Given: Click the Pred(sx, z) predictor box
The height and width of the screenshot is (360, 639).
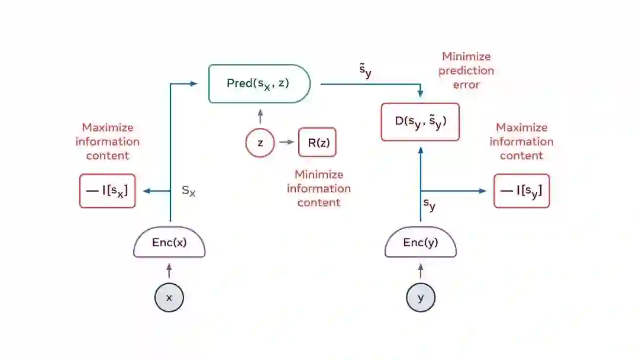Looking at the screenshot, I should pyautogui.click(x=259, y=83).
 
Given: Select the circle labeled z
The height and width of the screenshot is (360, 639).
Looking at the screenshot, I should pyautogui.click(x=260, y=143).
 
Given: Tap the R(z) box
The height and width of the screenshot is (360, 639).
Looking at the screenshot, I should pyautogui.click(x=317, y=142).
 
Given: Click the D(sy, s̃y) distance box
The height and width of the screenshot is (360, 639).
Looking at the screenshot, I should pyautogui.click(x=420, y=122).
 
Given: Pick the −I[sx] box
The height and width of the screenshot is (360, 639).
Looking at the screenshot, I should pyautogui.click(x=108, y=191).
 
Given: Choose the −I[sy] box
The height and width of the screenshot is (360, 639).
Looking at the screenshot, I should pyautogui.click(x=522, y=191).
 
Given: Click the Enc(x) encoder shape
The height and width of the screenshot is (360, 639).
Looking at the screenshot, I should pyautogui.click(x=169, y=243).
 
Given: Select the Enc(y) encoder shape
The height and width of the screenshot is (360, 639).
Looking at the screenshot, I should pyautogui.click(x=421, y=243).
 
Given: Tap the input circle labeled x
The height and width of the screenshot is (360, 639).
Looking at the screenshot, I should pyautogui.click(x=169, y=298).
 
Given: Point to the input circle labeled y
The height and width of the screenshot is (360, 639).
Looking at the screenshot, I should pyautogui.click(x=421, y=298).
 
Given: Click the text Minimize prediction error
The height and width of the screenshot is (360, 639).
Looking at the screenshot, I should pyautogui.click(x=466, y=70).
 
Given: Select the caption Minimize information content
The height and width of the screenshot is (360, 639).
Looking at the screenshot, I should pyautogui.click(x=318, y=188).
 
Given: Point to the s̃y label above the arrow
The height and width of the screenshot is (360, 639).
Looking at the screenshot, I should pyautogui.click(x=365, y=70).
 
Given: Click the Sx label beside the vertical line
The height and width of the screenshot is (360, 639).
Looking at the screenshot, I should pyautogui.click(x=188, y=191).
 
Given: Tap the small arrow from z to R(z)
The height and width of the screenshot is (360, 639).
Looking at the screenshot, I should pyautogui.click(x=286, y=142).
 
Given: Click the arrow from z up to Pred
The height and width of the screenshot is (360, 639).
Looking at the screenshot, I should pyautogui.click(x=260, y=116).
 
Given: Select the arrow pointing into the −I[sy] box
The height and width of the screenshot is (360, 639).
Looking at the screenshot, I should pyautogui.click(x=456, y=191).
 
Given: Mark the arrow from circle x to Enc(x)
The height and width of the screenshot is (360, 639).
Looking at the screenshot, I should pyautogui.click(x=169, y=271).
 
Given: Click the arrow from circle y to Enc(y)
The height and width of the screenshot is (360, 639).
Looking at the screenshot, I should pyautogui.click(x=421, y=271).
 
